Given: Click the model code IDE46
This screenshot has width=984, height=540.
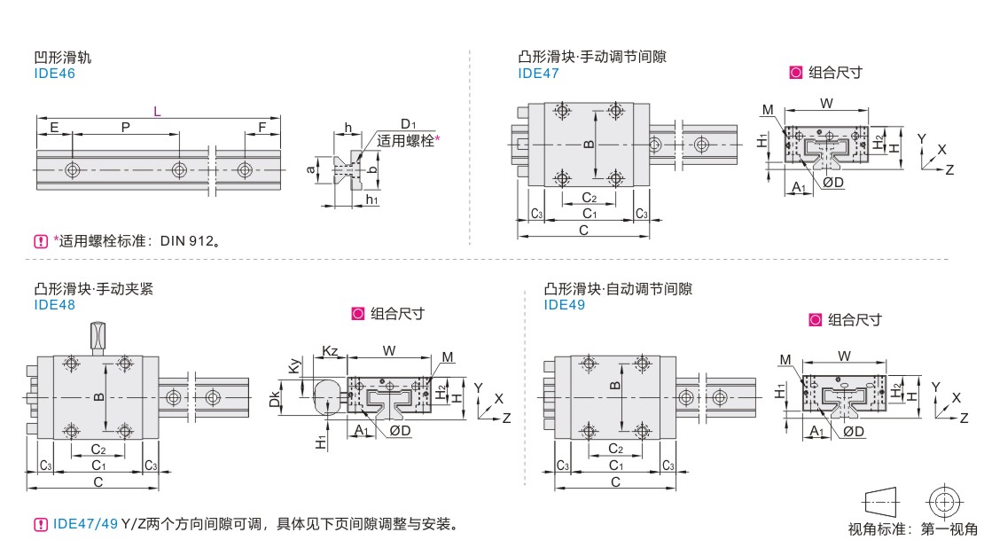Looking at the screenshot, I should click(x=54, y=74).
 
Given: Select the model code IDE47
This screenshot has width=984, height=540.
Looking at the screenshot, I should click(x=538, y=74).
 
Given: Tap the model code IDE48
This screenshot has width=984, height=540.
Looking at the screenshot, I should click(x=54, y=305).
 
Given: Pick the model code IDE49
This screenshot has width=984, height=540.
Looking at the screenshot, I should click(x=565, y=305).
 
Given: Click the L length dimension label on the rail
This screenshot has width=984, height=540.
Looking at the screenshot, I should click(x=157, y=111).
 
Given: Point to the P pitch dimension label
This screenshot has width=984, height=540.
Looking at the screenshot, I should click(x=125, y=128).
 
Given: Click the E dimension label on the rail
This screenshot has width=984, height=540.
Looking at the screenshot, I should click(x=54, y=128).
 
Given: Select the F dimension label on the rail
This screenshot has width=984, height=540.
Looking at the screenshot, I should click(x=262, y=128).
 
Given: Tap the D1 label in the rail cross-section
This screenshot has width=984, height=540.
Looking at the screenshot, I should click(x=408, y=123).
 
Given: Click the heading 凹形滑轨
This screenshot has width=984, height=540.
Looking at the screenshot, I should click(x=62, y=58).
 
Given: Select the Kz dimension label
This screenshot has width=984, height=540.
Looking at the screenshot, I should click(x=330, y=351).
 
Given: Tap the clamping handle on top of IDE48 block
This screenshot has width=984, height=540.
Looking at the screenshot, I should click(x=98, y=337).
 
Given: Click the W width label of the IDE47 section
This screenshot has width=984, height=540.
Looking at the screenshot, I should click(x=826, y=103).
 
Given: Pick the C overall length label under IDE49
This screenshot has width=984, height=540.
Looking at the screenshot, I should click(x=614, y=481).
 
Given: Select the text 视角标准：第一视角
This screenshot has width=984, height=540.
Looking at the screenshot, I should click(x=912, y=529).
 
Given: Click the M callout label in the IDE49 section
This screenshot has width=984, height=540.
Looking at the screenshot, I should click(x=785, y=359).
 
